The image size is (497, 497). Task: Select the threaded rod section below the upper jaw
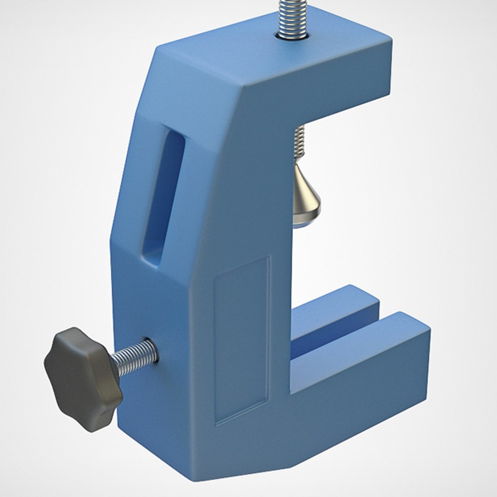[x=299, y=143]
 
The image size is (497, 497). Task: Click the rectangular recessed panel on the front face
[x=242, y=341]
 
